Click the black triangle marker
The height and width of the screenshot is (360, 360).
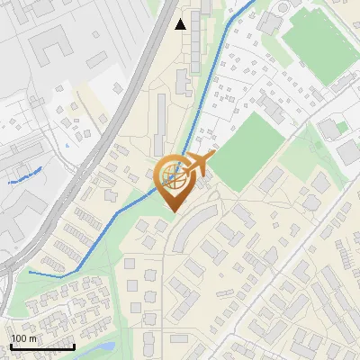pyautogui.click(x=181, y=23)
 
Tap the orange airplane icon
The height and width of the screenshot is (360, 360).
pyautogui.click(x=197, y=165)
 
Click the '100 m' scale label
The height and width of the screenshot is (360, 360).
pyautogui.click(x=24, y=338)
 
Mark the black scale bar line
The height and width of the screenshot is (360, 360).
pyautogui.click(x=41, y=346)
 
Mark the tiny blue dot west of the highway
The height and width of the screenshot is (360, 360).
pyautogui.click(x=67, y=145)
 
